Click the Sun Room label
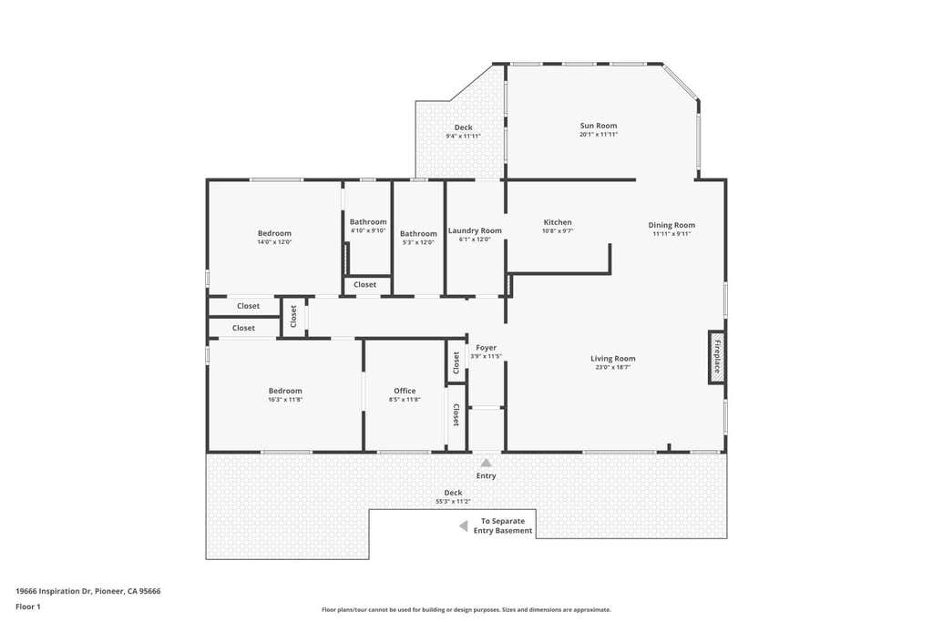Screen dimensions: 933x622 [x=599, y=126]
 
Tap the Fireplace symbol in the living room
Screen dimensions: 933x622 [x=716, y=357]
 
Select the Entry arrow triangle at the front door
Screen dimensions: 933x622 [x=487, y=463]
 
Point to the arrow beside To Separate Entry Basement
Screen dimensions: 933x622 [x=463, y=526]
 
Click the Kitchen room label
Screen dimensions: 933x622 [x=558, y=222]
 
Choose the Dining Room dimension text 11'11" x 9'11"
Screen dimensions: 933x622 [x=672, y=234]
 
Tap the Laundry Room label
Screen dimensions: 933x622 [x=475, y=230]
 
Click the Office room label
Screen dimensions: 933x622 [x=405, y=391]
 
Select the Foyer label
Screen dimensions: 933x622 [x=487, y=347]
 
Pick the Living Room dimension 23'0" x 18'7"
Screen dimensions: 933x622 [x=613, y=368]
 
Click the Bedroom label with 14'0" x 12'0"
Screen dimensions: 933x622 [x=274, y=233]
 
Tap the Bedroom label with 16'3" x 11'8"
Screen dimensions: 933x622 [x=285, y=391]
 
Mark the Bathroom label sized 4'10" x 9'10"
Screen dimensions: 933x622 [x=368, y=222]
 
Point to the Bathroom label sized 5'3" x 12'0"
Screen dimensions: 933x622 [x=418, y=234]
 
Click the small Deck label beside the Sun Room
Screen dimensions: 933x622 [x=464, y=127]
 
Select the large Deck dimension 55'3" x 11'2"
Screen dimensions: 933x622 [x=454, y=501]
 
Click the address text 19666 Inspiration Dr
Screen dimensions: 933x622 [x=54, y=591]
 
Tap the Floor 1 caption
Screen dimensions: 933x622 [x=28, y=607]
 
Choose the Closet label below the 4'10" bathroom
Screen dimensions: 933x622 [x=364, y=284]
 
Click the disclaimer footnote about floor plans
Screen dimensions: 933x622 [x=466, y=609]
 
